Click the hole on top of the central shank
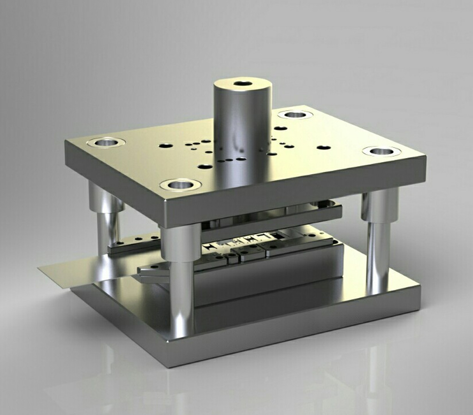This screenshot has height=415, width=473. (x=243, y=84)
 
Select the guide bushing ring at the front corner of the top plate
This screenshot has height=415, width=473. (x=180, y=185)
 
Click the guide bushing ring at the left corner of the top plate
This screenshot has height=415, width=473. (x=106, y=142)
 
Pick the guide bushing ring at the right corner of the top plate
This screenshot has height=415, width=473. (x=382, y=151)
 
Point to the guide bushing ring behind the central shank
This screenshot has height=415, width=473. (x=295, y=114)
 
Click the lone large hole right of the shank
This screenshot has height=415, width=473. (x=323, y=148)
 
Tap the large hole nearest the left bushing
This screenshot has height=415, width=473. (x=165, y=145)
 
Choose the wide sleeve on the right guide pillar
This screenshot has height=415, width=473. (x=379, y=205)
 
